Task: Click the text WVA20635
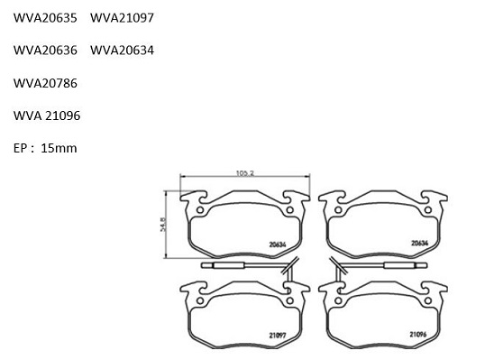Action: tap(45, 18)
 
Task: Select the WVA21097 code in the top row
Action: tap(122, 18)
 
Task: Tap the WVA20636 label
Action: tap(45, 51)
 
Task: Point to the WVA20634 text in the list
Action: tap(122, 51)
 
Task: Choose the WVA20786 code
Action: tap(45, 83)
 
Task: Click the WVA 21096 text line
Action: tap(47, 115)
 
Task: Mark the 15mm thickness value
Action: tap(59, 148)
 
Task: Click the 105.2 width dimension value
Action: tap(245, 173)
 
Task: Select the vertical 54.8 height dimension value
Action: tap(163, 224)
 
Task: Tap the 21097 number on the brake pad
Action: tap(278, 336)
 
